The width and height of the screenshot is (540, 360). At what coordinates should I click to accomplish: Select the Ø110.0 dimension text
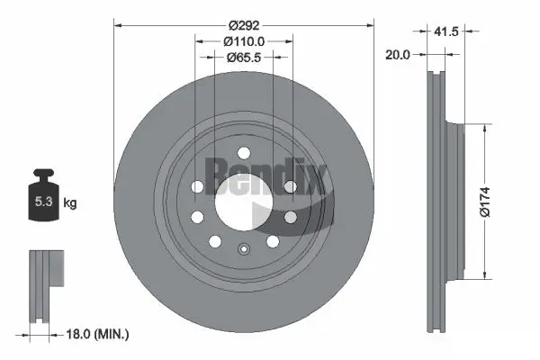pos(243,41)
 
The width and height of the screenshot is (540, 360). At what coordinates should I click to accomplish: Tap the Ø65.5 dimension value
pos(243,57)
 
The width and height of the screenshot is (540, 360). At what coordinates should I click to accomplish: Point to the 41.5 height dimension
pos(447,31)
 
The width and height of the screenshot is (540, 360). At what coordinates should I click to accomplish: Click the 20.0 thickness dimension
pos(397,55)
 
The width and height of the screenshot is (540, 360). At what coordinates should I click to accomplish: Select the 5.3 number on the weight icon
pos(41,202)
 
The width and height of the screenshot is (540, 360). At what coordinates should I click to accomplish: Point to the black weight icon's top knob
pos(42,174)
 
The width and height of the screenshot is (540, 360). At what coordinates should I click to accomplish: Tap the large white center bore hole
pos(243,198)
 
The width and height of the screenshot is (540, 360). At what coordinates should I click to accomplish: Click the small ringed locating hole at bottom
pos(244,251)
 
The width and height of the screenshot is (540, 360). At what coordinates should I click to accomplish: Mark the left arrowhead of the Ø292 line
pos(117,24)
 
